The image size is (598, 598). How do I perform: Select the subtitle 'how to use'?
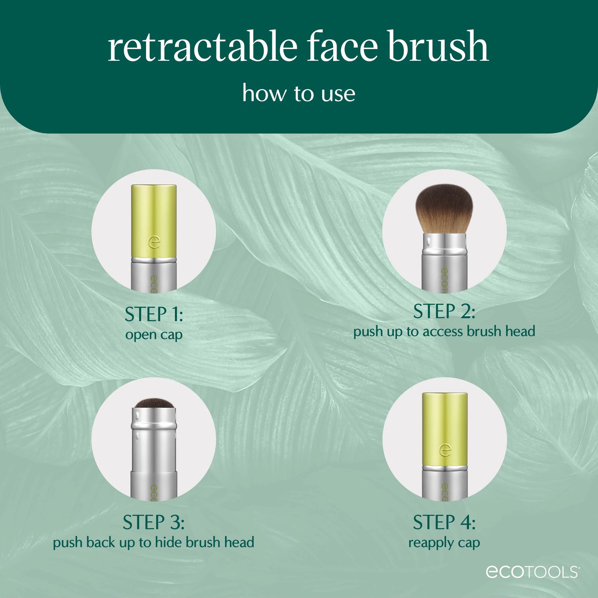[299, 94]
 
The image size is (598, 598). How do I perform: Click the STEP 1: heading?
[154, 315]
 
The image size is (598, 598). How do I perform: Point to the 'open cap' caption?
[154, 334]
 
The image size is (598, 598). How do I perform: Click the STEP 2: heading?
[444, 312]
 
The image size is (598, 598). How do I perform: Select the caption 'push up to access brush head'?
[444, 331]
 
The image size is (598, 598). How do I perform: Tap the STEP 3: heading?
[154, 522]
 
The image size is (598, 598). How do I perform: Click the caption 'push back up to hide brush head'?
[154, 542]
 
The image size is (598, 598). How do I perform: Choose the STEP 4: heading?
[444, 522]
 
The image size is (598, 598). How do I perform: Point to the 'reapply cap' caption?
[444, 542]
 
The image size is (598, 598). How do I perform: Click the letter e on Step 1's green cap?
[154, 242]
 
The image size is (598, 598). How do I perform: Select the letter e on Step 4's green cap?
[445, 450]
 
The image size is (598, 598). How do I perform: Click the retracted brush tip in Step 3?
[154, 403]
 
